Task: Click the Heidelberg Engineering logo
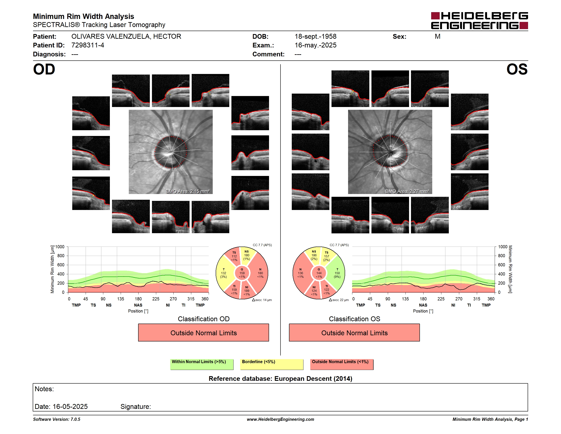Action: [x=479, y=21]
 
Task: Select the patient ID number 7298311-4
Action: [x=88, y=45]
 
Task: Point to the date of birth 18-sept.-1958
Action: [x=315, y=37]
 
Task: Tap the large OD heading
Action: [x=44, y=69]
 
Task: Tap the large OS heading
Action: [x=517, y=69]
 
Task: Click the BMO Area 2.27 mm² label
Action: [x=407, y=191]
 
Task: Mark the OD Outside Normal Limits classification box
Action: [x=203, y=333]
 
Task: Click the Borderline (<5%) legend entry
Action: [x=272, y=364]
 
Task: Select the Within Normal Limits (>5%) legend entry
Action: [x=202, y=364]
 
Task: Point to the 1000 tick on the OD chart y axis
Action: [x=59, y=247]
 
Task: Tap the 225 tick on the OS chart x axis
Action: [x=441, y=299]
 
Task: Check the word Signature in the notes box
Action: [x=136, y=407]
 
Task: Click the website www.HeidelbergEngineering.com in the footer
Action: [x=280, y=419]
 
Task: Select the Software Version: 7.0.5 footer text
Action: [x=57, y=419]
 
